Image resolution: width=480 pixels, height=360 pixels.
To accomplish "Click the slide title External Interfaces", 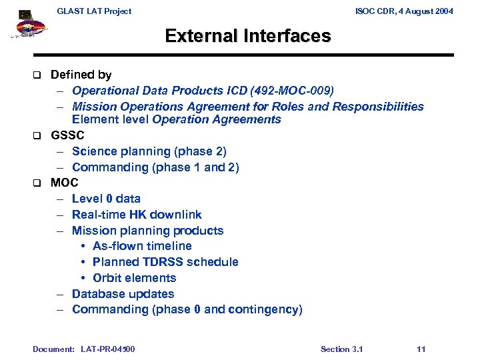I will [x=247, y=35].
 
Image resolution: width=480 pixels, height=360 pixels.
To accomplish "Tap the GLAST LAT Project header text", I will [x=94, y=11].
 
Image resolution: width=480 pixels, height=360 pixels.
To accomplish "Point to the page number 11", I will [x=420, y=349].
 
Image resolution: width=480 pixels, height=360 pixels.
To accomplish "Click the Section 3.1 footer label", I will [x=341, y=349].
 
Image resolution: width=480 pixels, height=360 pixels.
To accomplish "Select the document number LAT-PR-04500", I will [x=107, y=349].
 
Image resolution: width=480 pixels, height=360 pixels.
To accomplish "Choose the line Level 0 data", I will [x=106, y=199].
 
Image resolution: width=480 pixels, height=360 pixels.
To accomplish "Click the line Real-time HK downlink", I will [x=137, y=215].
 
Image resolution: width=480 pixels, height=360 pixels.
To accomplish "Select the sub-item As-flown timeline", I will [x=142, y=246].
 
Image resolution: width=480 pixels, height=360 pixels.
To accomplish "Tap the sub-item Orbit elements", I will [x=134, y=278].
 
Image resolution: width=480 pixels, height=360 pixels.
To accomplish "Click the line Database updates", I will [x=123, y=294].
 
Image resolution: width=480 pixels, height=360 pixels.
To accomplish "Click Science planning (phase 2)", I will [x=149, y=151].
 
